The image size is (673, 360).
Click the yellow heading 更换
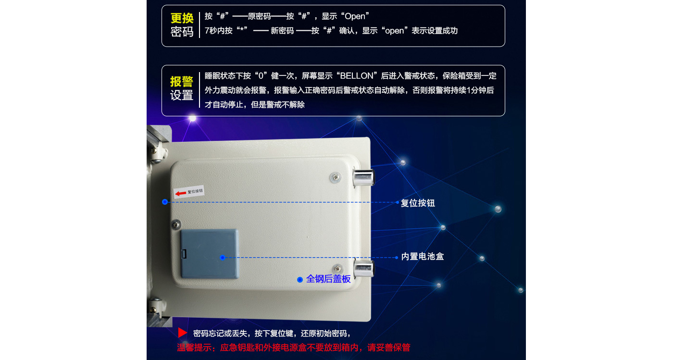coord(182,18)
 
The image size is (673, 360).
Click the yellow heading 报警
coord(182,81)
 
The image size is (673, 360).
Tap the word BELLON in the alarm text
coord(356,76)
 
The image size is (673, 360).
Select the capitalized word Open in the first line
coord(355,16)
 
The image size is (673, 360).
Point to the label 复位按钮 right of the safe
coord(418,203)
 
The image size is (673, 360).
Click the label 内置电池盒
coord(423,256)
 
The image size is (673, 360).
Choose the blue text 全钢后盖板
coord(328,279)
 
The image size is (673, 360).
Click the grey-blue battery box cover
coord(210,254)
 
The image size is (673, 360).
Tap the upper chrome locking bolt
coord(363,177)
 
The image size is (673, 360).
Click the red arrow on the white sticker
coord(181,194)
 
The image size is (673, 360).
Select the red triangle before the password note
coord(182,333)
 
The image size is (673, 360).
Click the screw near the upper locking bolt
coord(336,177)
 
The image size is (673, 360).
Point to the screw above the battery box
coord(176,224)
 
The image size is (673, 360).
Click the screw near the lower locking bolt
coord(337,269)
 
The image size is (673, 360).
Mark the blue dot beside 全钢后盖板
coord(299,280)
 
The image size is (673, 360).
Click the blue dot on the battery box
coord(222,258)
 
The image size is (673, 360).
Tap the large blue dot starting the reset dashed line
coord(164,202)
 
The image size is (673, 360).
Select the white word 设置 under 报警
coord(182,95)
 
